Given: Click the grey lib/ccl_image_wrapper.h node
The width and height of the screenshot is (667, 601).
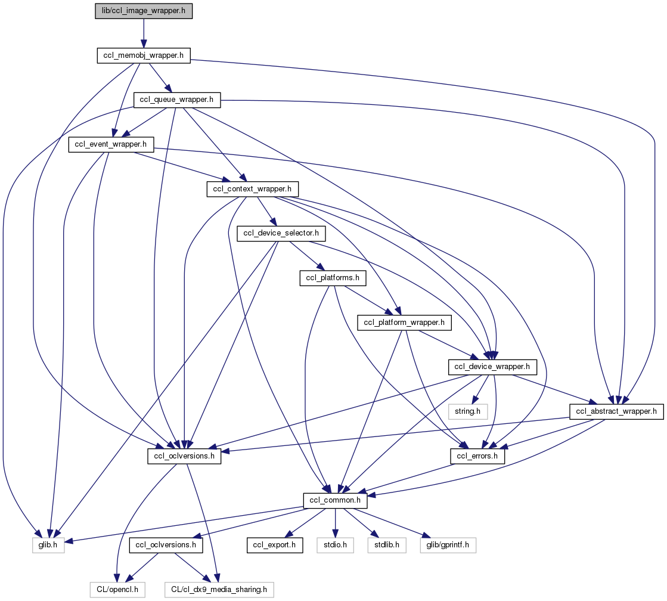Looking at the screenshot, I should (144, 11).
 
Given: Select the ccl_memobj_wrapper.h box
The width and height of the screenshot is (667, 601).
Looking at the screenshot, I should (144, 55).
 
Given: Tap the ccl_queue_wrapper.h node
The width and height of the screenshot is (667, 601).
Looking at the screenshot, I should (176, 100).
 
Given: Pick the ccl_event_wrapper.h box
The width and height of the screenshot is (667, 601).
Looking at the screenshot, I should (111, 144).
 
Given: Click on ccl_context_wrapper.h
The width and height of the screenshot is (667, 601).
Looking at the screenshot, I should (252, 189).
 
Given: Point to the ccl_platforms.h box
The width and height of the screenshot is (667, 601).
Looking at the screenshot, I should (332, 278).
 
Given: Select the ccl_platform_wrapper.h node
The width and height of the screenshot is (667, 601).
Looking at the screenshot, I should (405, 323).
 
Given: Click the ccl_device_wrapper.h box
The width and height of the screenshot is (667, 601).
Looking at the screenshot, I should (492, 367).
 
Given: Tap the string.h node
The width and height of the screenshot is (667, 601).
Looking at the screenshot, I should (468, 411).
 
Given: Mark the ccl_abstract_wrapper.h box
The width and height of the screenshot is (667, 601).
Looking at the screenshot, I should (616, 411).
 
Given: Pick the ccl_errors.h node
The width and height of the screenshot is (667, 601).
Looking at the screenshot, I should (477, 456).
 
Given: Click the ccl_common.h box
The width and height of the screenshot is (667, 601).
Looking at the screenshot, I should (336, 500).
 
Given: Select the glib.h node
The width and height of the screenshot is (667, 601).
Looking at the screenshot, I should (45, 545).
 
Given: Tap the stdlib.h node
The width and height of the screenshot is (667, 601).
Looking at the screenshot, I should (386, 545).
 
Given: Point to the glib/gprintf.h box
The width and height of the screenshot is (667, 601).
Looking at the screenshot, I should (448, 545).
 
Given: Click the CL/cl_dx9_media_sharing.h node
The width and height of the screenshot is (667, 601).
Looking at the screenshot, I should (219, 590).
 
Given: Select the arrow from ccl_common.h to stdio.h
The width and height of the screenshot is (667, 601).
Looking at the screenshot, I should (336, 522).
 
